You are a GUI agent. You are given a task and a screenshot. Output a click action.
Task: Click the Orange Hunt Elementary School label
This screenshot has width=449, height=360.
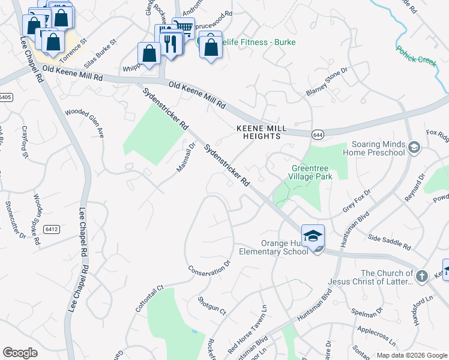[x=285, y=247]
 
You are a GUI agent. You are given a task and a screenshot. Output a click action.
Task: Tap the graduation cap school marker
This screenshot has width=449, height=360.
[x=313, y=236]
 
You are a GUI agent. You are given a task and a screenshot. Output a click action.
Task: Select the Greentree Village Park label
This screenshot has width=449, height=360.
[x=312, y=173]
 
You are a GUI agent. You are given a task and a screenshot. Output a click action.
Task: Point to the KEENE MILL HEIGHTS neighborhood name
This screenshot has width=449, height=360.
[x=258, y=133]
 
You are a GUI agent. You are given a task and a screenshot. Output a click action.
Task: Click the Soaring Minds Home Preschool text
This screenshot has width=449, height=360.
[x=372, y=148]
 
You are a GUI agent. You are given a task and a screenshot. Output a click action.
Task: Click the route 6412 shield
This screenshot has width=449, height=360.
[x=52, y=229]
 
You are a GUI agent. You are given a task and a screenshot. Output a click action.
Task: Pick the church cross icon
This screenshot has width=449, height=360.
[x=422, y=276]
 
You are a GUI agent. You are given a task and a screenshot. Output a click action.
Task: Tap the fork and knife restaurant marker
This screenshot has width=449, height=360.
[x=170, y=43]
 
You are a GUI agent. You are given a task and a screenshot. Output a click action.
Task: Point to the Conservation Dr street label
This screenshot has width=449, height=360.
[x=209, y=268]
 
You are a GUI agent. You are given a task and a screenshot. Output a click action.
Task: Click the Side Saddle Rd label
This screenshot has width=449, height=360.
[x=390, y=242]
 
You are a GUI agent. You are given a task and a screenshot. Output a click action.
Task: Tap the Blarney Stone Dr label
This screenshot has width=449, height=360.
[x=327, y=82]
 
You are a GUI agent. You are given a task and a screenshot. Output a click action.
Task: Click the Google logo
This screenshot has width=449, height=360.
[x=20, y=353]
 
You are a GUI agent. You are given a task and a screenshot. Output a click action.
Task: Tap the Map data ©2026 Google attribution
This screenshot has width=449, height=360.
[x=411, y=355]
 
